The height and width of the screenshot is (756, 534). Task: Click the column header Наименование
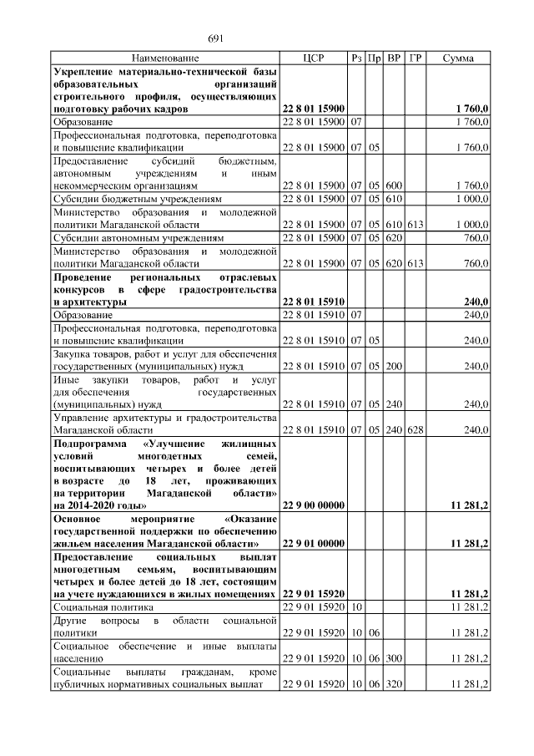165,58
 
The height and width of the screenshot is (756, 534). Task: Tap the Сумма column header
459,58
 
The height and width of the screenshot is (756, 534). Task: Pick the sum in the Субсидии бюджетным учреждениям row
472,200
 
